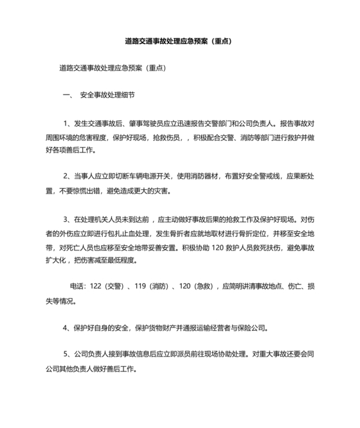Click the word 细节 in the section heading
128,95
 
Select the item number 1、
69,123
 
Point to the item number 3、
69,218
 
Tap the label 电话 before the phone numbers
76,286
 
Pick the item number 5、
69,354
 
